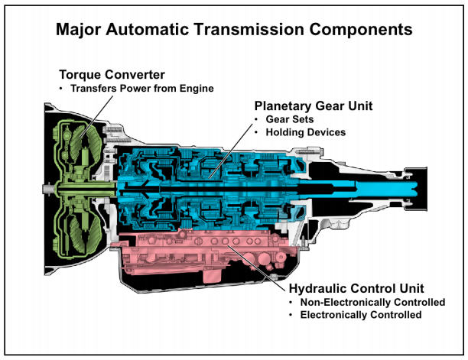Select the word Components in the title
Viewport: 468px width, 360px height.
pyautogui.click(x=361, y=30)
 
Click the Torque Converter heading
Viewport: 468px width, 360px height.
pyautogui.click(x=112, y=75)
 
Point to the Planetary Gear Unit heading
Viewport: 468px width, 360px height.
pyautogui.click(x=314, y=106)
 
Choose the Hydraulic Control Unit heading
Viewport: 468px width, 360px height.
pyautogui.click(x=356, y=288)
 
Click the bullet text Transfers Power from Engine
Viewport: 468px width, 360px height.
pyautogui.click(x=142, y=89)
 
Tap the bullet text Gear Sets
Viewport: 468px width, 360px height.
pyautogui.click(x=290, y=119)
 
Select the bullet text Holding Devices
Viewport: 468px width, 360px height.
pyautogui.click(x=306, y=132)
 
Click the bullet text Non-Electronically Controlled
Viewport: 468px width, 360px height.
pyautogui.click(x=372, y=302)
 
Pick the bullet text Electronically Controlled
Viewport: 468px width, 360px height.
pyautogui.click(x=361, y=315)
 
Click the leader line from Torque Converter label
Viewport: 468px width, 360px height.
pyautogui.click(x=96, y=117)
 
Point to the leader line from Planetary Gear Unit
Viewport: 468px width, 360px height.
pyautogui.click(x=231, y=151)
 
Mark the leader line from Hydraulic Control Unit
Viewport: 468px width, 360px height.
pyautogui.click(x=256, y=268)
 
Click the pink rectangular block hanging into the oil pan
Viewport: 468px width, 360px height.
pyautogui.click(x=213, y=276)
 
